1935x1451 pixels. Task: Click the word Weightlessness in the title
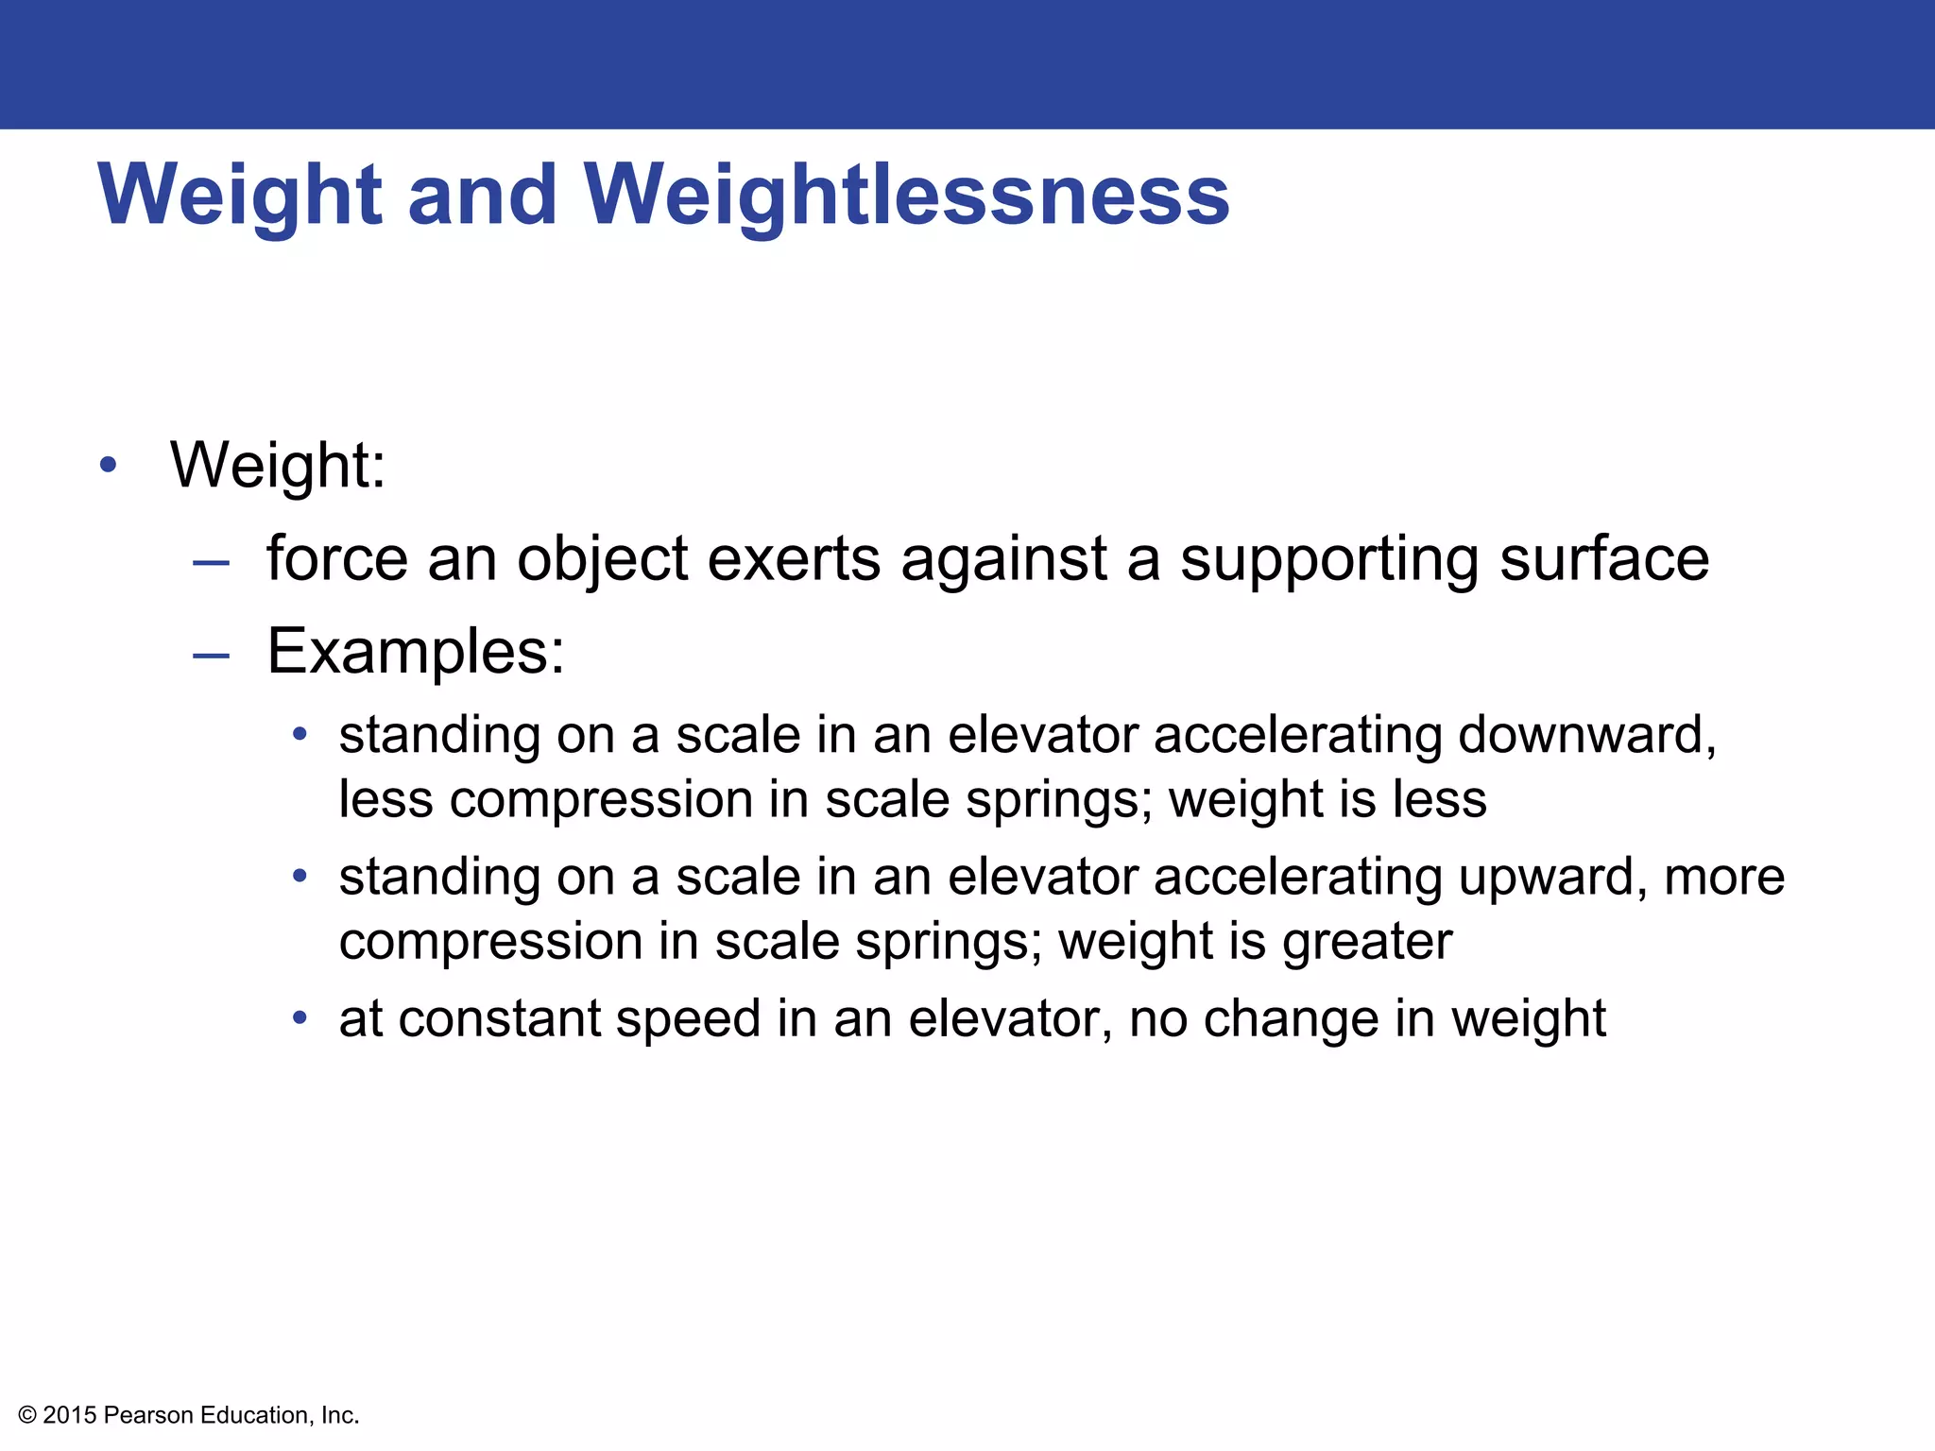pos(906,196)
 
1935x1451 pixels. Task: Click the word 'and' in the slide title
pos(482,196)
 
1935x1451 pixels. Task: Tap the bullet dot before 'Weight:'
pos(109,465)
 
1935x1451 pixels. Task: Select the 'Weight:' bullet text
pos(278,465)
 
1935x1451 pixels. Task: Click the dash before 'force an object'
pos(211,563)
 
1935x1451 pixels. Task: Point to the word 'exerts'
pos(794,558)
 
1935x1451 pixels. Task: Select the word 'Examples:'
pos(416,652)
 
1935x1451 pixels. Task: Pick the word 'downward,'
pos(1586,735)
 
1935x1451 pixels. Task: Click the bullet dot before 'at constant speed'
pos(300,1018)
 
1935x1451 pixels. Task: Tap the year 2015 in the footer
pos(70,1415)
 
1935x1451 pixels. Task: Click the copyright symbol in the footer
pos(27,1415)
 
